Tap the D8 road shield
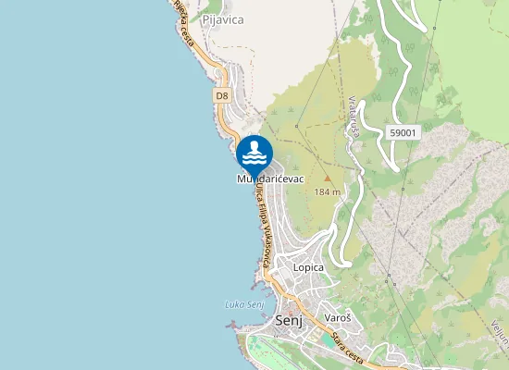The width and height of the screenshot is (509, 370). coord(221,95)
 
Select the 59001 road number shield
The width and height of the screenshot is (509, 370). coord(403,132)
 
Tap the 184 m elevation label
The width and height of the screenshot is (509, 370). coord(328,192)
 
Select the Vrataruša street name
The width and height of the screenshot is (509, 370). coord(354,117)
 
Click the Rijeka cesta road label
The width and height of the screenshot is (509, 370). coord(185,24)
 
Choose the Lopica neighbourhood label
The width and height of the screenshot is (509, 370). coord(308,267)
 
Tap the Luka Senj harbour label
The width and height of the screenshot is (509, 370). coord(244,305)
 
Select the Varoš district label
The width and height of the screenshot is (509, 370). coord(338,318)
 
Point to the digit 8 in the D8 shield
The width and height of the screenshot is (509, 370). coord(225,95)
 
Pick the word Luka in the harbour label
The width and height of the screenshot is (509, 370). coord(234,305)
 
